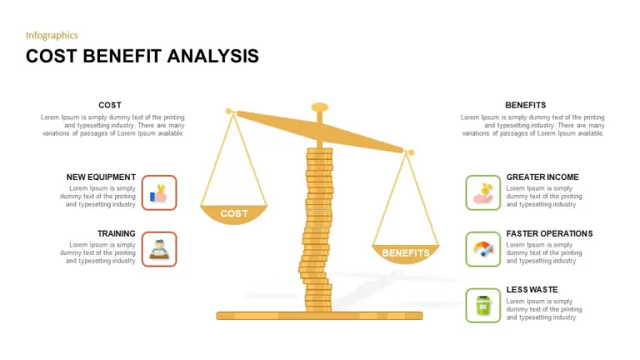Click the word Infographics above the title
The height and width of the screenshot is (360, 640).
click(52, 36)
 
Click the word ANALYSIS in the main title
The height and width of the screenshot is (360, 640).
click(212, 57)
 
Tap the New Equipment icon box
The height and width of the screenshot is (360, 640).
click(159, 192)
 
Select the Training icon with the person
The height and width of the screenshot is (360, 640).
click(159, 249)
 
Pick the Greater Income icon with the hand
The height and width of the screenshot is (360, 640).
click(482, 192)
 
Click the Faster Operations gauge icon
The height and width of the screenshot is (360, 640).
click(482, 249)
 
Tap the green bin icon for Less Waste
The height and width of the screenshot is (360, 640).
click(482, 305)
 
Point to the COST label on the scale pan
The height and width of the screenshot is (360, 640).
click(234, 213)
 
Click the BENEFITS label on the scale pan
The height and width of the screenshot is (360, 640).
click(406, 253)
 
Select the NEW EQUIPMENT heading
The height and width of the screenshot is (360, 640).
click(101, 177)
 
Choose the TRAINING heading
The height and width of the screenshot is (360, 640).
click(117, 233)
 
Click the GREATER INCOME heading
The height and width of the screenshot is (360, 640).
click(542, 177)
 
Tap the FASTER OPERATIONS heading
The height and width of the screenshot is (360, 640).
click(549, 233)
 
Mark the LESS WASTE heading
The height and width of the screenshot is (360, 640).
click(532, 290)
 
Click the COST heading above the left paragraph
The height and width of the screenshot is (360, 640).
click(110, 105)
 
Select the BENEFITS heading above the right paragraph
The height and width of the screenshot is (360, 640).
click(525, 105)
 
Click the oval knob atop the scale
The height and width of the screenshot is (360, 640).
click(320, 107)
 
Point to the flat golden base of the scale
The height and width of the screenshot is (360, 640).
click(319, 316)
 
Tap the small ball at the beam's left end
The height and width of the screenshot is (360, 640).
click(228, 111)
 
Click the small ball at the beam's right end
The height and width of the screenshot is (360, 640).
click(412, 152)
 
